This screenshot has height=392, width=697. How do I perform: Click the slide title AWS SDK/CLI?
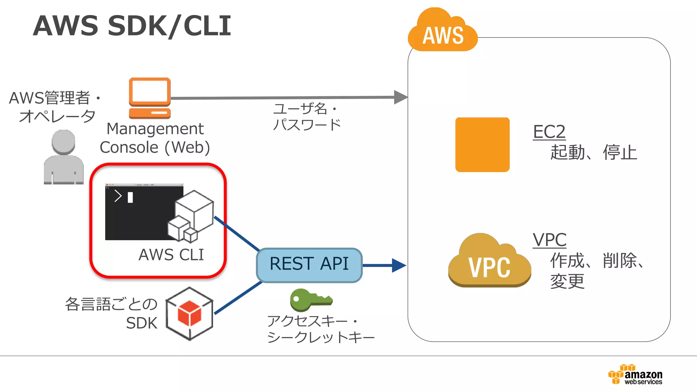132,26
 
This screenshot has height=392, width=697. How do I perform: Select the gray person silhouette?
64,157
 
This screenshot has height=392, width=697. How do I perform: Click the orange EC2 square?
482,145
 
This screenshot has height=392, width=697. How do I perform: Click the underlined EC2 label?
549,132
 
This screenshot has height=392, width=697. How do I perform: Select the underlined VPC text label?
549,240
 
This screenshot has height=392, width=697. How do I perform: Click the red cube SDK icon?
190,313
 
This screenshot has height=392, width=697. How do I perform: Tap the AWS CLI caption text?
171,255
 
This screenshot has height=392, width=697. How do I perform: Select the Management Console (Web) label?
155,138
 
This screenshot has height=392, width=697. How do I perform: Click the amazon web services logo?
635,374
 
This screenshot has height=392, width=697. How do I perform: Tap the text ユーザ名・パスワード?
306,117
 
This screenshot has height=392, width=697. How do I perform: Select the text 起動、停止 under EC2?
593,152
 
